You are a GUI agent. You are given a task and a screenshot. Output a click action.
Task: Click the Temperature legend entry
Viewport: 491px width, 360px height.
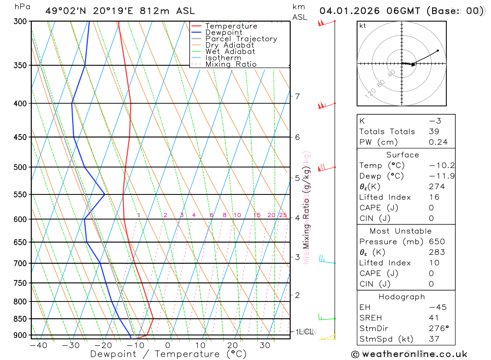(231, 26)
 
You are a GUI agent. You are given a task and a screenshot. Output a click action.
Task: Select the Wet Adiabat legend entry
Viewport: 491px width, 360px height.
(230, 52)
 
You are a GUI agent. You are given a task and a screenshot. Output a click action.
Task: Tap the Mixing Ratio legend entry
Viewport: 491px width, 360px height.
(231, 64)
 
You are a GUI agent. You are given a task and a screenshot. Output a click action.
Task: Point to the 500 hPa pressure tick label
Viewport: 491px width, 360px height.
(20, 167)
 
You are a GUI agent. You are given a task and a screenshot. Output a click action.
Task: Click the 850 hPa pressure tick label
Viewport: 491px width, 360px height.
(20, 319)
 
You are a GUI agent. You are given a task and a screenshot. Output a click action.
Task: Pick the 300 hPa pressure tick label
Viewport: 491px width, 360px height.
(20, 22)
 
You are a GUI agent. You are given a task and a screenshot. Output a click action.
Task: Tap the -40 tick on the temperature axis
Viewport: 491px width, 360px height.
(38, 345)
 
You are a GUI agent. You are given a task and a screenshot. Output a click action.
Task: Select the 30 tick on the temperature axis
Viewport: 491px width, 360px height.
(265, 345)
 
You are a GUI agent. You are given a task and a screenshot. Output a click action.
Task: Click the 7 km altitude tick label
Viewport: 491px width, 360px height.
(297, 96)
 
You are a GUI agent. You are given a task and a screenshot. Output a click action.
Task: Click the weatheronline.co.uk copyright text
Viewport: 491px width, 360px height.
(409, 354)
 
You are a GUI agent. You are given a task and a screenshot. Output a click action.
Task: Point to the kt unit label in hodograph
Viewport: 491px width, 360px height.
(363, 26)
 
